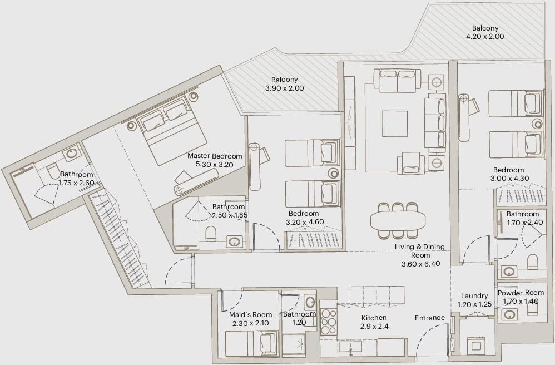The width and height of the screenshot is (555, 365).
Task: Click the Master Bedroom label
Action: click(x=215, y=156)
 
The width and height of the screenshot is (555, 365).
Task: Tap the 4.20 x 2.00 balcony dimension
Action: click(x=485, y=36)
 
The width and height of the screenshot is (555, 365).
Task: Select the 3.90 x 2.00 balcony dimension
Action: click(x=284, y=88)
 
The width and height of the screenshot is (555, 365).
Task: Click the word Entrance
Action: click(x=430, y=318)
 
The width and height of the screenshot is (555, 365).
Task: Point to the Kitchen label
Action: click(x=374, y=318)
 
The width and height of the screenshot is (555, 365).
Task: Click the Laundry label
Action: click(x=474, y=296)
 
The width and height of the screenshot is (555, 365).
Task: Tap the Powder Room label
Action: click(x=521, y=293)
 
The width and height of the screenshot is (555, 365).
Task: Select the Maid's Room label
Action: click(x=251, y=314)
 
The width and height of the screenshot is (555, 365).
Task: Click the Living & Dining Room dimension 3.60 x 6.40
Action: click(x=421, y=264)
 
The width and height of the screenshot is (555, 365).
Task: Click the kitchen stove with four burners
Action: click(x=329, y=322)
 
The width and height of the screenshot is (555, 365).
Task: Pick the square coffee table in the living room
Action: click(x=395, y=124)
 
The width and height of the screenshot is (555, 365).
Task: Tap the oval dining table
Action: click(x=398, y=220)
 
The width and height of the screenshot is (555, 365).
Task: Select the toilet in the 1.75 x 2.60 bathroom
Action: click(x=54, y=171)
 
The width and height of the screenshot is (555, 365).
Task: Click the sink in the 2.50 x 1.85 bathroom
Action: click(x=234, y=242)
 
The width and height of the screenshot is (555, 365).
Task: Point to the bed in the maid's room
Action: click(x=252, y=344)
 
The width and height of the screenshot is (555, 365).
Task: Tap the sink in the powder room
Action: click(x=509, y=315)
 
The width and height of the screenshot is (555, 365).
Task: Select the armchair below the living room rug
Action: click(x=411, y=164)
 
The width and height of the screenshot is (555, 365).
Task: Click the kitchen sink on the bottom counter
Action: click(x=350, y=346)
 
